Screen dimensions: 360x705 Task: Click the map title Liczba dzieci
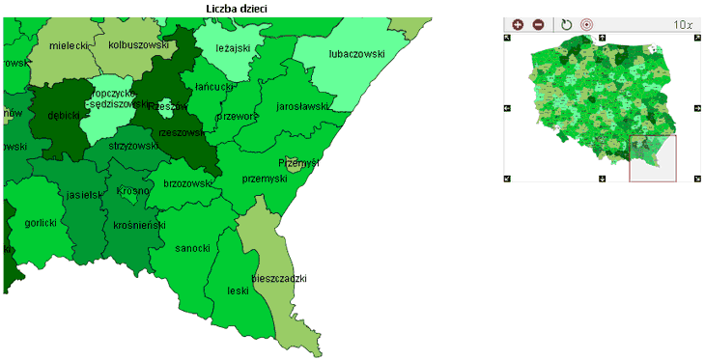pos(238,8)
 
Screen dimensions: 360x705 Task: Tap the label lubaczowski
pos(356,54)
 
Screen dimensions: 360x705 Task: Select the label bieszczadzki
pos(279,279)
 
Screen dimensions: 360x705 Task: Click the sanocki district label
pos(192,248)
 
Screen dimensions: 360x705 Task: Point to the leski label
pos(238,290)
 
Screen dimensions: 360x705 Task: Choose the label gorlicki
pos(41,222)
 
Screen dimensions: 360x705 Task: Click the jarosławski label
pos(302,106)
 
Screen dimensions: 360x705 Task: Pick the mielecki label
pos(69,45)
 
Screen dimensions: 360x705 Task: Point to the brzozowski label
pos(187,183)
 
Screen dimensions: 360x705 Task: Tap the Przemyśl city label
pos(298,163)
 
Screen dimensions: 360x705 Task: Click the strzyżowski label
pos(132,146)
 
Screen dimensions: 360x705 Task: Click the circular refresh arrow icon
pos(567,24)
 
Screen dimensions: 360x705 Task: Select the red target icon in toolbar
pos(586,24)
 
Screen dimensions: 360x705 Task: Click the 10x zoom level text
pos(683,24)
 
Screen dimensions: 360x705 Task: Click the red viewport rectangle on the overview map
pos(653,157)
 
